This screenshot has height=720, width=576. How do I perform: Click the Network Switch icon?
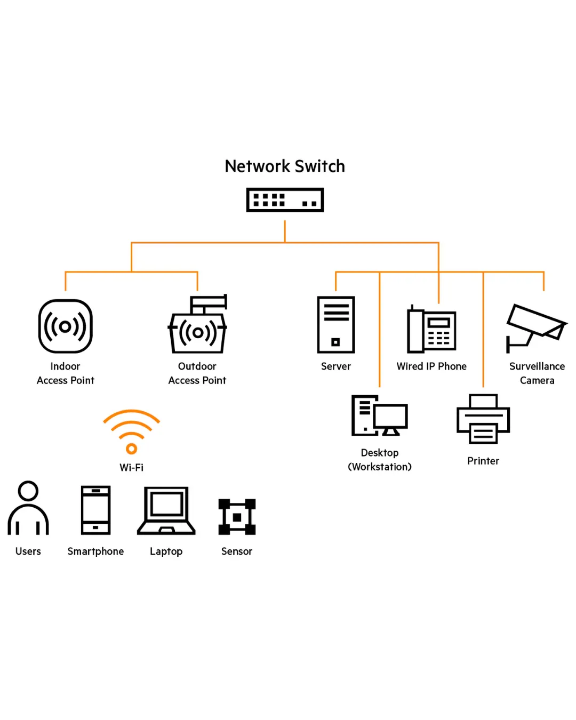285,200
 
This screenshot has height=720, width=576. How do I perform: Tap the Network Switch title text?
285,166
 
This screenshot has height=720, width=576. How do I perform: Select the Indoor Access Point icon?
66,326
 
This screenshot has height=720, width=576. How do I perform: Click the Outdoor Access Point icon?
198,325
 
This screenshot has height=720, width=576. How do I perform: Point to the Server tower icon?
336,325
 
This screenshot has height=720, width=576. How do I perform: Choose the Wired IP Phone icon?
431,329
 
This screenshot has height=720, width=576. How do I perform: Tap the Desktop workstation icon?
380,415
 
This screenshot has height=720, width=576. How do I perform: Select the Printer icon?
483,419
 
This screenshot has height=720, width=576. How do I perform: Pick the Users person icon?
28,508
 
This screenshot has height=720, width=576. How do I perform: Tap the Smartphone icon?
96,510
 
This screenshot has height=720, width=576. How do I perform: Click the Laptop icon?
166,510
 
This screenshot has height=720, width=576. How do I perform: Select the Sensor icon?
237,517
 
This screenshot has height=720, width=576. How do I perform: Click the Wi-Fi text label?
132,468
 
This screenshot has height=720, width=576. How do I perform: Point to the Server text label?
336,366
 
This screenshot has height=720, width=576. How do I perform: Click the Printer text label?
483,461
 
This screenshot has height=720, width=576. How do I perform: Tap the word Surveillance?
537,366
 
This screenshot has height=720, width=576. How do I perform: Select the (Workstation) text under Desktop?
380,467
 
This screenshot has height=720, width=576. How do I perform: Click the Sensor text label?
237,551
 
